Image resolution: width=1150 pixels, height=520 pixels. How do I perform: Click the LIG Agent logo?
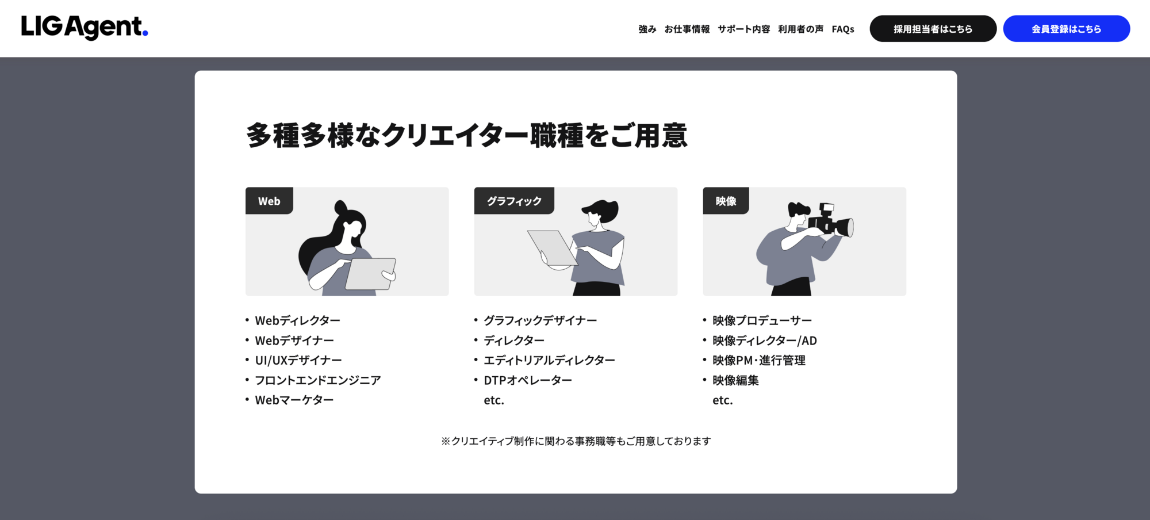click(x=85, y=27)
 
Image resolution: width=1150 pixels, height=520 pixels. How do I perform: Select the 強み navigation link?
click(x=647, y=29)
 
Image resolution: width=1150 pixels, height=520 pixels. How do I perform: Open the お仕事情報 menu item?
click(x=687, y=29)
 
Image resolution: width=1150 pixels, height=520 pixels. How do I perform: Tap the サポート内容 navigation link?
click(x=744, y=29)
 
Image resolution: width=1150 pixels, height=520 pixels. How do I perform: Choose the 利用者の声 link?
click(x=801, y=29)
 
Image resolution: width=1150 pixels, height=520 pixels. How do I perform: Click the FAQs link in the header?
click(x=843, y=29)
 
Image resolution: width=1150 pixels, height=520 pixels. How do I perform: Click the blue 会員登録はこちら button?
click(x=1067, y=29)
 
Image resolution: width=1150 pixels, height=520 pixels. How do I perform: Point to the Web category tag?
click(x=269, y=201)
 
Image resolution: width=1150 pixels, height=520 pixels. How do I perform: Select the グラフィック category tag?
click(x=514, y=201)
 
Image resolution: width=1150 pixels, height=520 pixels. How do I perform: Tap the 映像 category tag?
click(x=726, y=201)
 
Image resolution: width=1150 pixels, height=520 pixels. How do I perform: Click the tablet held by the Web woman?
click(x=370, y=274)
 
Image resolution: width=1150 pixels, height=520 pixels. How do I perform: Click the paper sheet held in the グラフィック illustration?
click(x=552, y=248)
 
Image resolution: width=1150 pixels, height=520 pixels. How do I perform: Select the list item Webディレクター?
click(x=298, y=320)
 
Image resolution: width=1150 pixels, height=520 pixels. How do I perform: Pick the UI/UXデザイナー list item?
click(x=298, y=360)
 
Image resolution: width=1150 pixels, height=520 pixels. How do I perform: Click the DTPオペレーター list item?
click(x=528, y=380)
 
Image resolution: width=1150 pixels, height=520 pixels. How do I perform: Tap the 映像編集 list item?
click(x=735, y=380)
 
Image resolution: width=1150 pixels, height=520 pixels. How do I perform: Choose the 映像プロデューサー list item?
click(x=762, y=320)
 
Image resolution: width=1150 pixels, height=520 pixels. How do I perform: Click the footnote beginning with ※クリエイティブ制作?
click(x=576, y=441)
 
